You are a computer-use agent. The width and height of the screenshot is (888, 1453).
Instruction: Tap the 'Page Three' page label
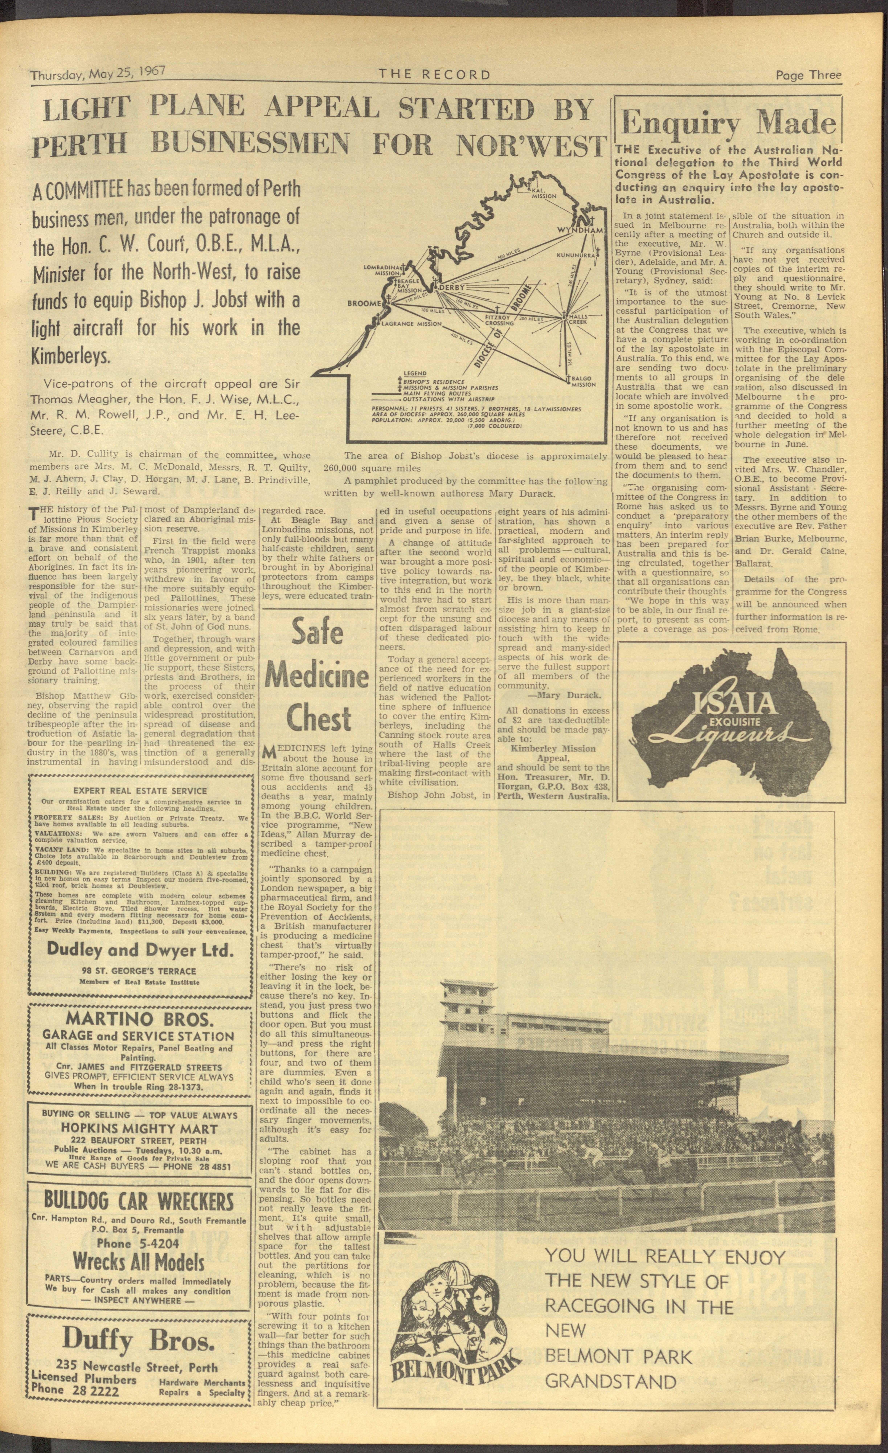pos(808,75)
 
